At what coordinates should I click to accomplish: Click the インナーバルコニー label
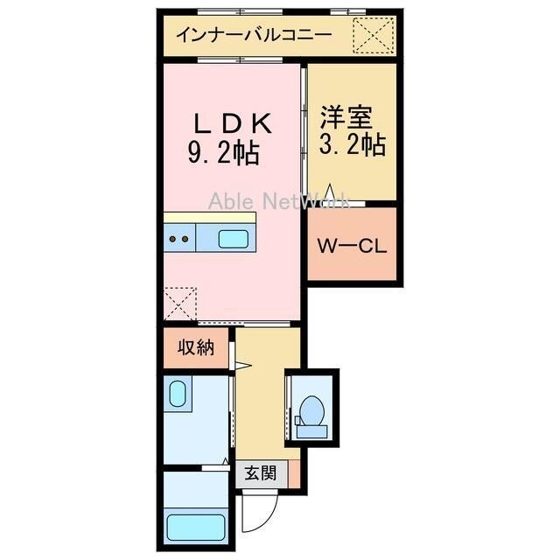coord(254,36)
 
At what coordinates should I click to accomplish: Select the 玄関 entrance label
coord(260,473)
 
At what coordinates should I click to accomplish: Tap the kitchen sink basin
coord(233,237)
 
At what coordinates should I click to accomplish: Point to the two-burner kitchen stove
coord(179,237)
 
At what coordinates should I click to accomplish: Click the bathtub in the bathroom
coord(196,528)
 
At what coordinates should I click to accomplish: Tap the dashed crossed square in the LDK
coord(181,304)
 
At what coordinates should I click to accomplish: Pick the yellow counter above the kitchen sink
coord(210,217)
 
